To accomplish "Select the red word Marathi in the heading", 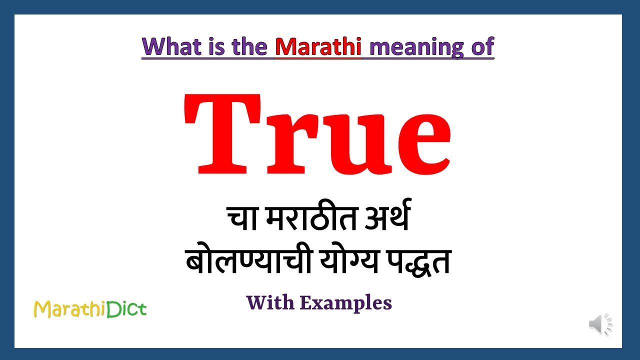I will click(318, 47).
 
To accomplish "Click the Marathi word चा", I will click(242, 219).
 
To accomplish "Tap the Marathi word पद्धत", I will click(417, 262).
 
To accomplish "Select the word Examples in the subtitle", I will click(346, 303).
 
